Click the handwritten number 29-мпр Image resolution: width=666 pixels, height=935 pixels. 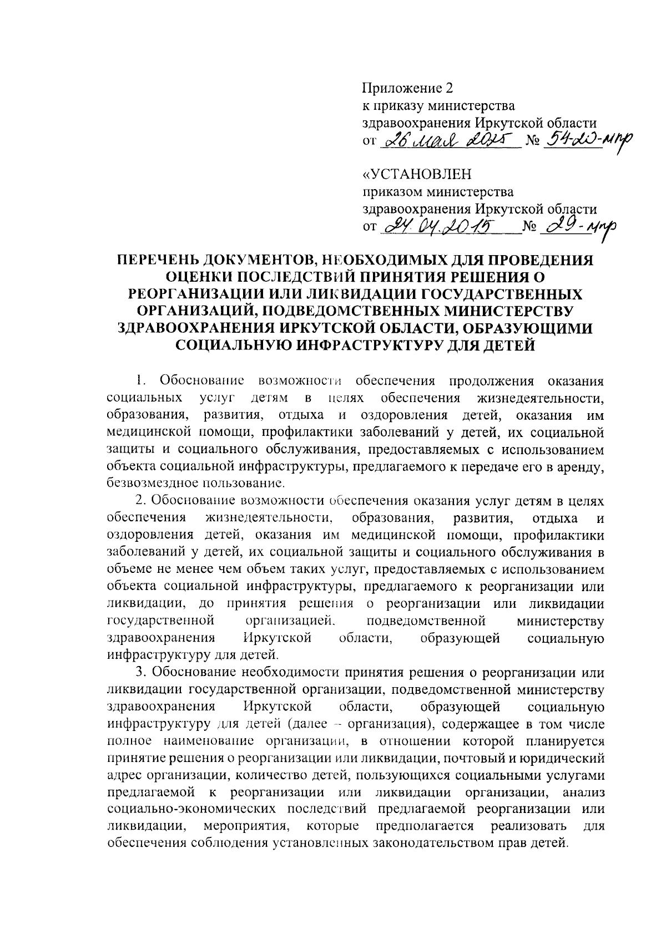click(x=577, y=226)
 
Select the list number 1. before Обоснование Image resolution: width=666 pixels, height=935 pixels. click(x=141, y=382)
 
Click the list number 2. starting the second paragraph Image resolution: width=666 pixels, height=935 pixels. click(x=141, y=501)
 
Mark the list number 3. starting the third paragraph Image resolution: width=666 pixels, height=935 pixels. click(x=141, y=673)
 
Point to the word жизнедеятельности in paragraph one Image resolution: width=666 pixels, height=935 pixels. click(x=539, y=398)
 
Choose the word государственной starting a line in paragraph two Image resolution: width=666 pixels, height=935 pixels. click(x=161, y=621)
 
